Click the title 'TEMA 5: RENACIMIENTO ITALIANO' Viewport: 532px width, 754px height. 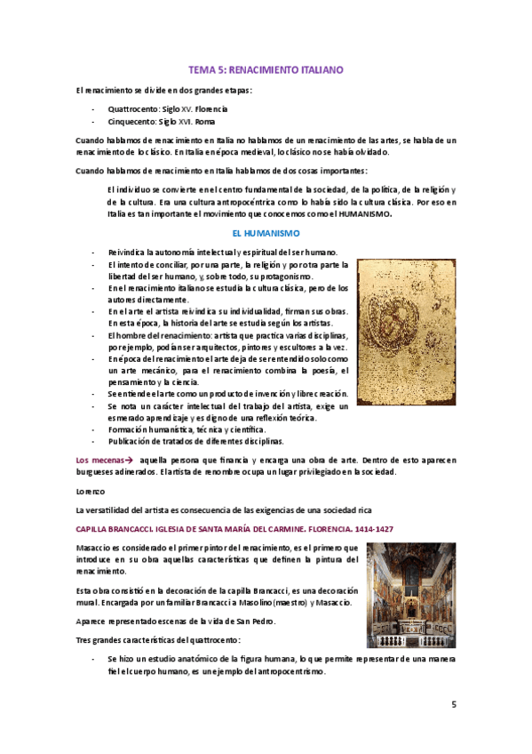(x=266, y=69)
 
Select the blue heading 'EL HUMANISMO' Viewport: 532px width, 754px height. (x=266, y=231)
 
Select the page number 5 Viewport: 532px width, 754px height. (x=454, y=705)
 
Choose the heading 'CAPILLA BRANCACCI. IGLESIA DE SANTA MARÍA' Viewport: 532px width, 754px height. (x=204, y=529)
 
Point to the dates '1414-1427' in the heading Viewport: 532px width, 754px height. (x=374, y=529)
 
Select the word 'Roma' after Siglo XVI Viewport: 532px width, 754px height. (x=204, y=122)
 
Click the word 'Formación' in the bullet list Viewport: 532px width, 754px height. (x=128, y=429)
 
